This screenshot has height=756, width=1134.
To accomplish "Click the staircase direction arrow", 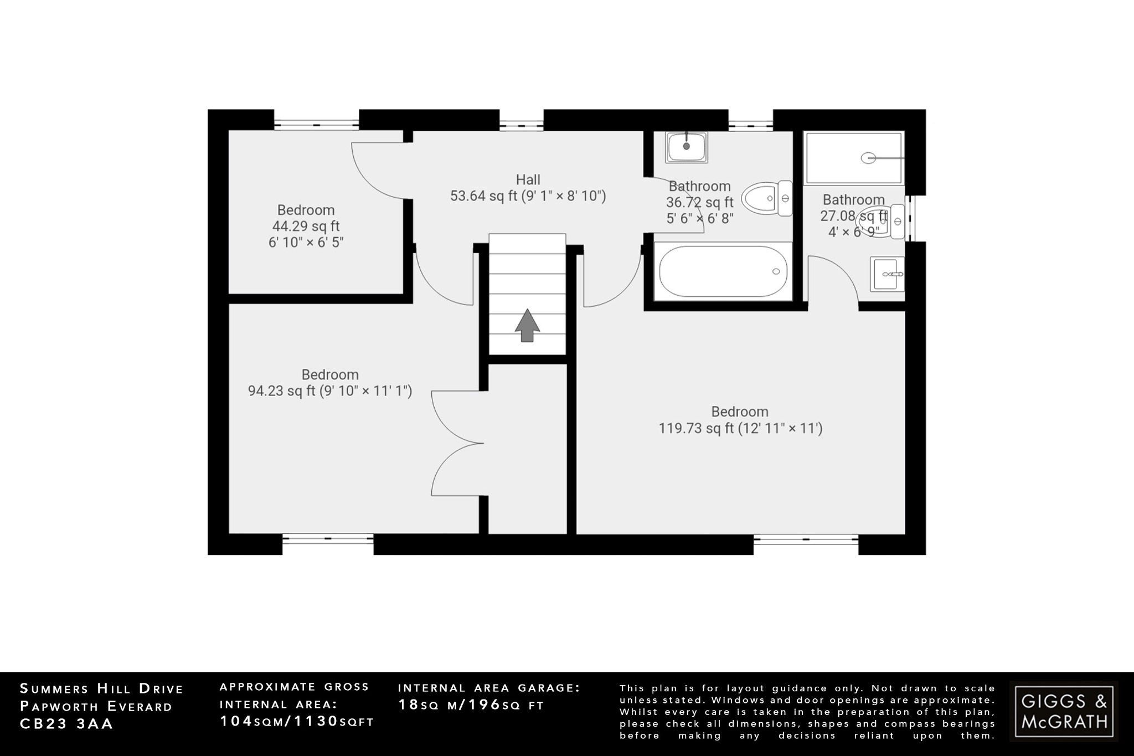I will [527, 325].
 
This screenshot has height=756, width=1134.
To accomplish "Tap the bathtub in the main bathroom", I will [723, 271].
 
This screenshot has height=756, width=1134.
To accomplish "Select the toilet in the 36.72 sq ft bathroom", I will [766, 198].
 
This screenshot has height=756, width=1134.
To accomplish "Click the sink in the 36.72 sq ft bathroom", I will [687, 147].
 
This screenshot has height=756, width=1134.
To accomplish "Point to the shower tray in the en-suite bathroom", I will [853, 158].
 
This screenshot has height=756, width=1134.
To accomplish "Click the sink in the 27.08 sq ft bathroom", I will [886, 274].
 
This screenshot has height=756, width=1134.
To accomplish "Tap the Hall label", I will [528, 179].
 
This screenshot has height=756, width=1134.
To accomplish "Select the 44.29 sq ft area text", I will [306, 226].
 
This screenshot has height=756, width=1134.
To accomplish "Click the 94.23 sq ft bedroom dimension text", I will [329, 391].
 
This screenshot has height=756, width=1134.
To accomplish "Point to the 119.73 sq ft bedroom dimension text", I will [740, 428].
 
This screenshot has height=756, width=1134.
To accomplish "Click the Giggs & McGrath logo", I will [1064, 711].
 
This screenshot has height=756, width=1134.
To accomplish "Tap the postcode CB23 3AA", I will [66, 724].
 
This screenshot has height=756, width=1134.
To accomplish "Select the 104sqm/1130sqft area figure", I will [297, 721].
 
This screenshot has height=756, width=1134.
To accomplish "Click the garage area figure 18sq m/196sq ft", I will [471, 705].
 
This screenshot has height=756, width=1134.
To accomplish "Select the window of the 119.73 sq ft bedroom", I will [806, 538].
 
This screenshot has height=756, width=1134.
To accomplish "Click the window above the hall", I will [521, 125].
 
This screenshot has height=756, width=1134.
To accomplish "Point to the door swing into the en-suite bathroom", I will [833, 280].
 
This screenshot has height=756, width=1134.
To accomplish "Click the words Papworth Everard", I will [96, 707].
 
